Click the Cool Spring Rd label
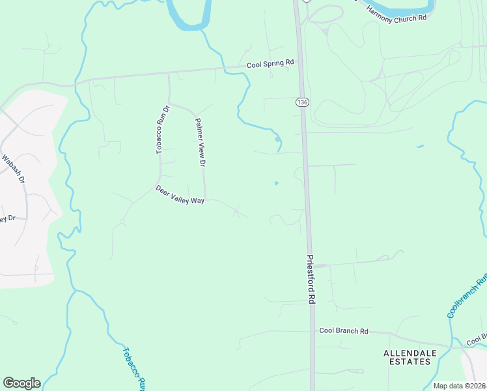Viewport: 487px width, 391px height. pos(271,64)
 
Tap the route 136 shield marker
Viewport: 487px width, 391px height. pos(301,102)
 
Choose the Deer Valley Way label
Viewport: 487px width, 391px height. pos(180,195)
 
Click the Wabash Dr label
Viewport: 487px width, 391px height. pos(13,167)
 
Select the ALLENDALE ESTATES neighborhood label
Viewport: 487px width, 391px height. pos(410,357)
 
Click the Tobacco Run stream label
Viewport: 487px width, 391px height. pos(133,368)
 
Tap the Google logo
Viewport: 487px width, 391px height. pos(21,383)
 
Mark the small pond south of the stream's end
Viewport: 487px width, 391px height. pos(276,183)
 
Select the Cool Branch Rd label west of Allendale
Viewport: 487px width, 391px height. pos(343,331)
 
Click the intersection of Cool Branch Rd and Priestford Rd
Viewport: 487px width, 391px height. pos(313,332)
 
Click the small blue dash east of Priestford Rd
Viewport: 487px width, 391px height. pos(420,146)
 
